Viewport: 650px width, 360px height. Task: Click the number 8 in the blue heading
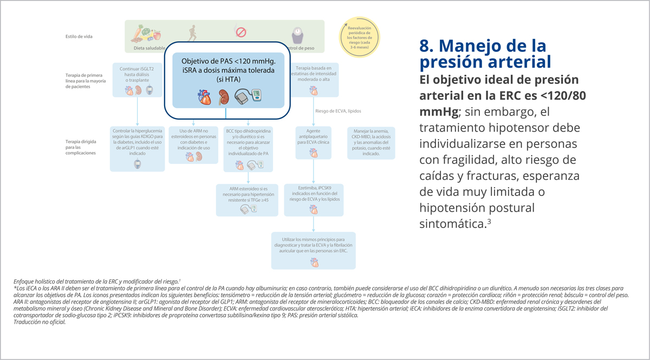click(x=425, y=45)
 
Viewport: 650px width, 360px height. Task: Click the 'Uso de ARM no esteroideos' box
click(x=193, y=145)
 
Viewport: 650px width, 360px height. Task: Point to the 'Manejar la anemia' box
click(x=371, y=142)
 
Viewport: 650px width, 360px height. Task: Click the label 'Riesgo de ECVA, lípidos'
click(x=338, y=111)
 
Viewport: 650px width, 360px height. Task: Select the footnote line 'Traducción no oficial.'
click(x=40, y=322)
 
